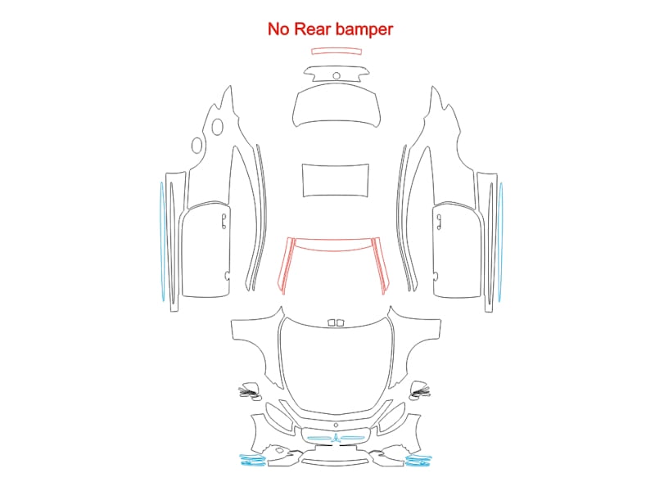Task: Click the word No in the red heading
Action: click(x=278, y=29)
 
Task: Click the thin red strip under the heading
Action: click(x=337, y=52)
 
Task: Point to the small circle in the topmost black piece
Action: click(x=337, y=75)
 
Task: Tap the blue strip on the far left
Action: click(x=162, y=241)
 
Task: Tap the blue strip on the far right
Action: click(x=500, y=241)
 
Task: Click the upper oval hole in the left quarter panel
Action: click(x=217, y=127)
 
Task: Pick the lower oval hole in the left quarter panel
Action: click(x=196, y=146)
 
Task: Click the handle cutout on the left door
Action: click(x=224, y=221)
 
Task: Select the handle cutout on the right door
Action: click(x=439, y=222)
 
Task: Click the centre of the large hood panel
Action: click(x=337, y=363)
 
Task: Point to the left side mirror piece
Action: click(x=251, y=391)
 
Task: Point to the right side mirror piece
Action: click(x=419, y=390)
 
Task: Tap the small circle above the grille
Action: click(x=336, y=426)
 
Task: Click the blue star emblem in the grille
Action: click(x=336, y=439)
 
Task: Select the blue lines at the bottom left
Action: click(x=252, y=460)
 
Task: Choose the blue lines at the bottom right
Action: click(x=418, y=460)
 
